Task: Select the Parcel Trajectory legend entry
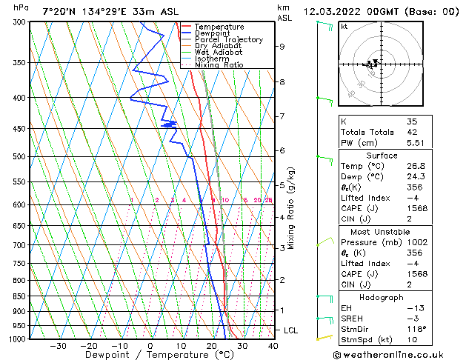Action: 228,40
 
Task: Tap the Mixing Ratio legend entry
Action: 219,65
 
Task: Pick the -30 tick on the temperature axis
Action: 58,346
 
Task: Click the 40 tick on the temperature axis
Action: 273,346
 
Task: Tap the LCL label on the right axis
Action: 290,330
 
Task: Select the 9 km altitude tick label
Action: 282,46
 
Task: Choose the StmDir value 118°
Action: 415,329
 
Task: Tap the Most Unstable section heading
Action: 379,231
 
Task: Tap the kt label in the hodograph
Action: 344,27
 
